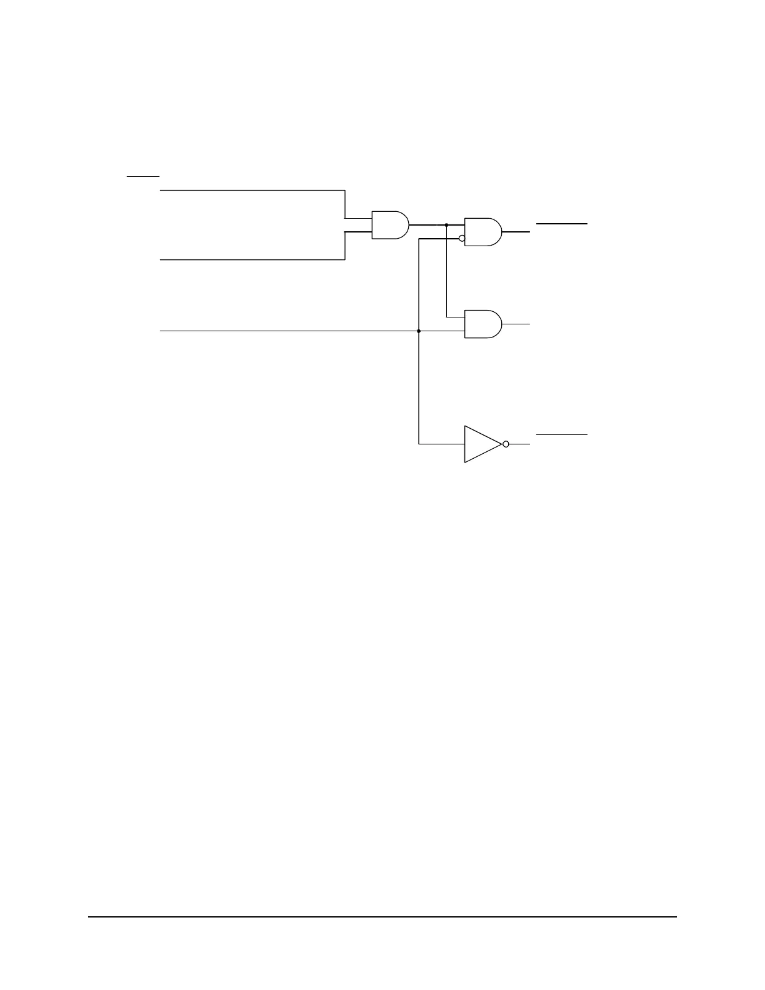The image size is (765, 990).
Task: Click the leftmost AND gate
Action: coord(389,225)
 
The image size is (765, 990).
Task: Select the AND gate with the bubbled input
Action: coord(482,232)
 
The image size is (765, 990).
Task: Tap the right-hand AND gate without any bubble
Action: coord(482,324)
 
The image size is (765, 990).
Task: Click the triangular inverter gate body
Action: coord(480,444)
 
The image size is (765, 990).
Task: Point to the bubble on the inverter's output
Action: coord(506,444)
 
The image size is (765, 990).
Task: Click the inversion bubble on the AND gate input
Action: coord(462,238)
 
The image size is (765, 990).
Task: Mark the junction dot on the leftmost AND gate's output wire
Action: coord(446,224)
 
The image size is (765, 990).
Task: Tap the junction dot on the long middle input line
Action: coord(419,331)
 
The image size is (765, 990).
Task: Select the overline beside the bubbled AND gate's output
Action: coord(561,223)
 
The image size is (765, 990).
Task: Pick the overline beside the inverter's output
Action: coord(561,434)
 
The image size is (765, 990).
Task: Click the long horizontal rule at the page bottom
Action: coord(382,917)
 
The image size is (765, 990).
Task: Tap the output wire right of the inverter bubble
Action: coord(519,444)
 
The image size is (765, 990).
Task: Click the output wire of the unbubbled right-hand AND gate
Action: coord(516,324)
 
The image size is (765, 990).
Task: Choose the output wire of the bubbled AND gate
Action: coord(516,232)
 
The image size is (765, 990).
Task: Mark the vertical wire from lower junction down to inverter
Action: coord(419,387)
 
